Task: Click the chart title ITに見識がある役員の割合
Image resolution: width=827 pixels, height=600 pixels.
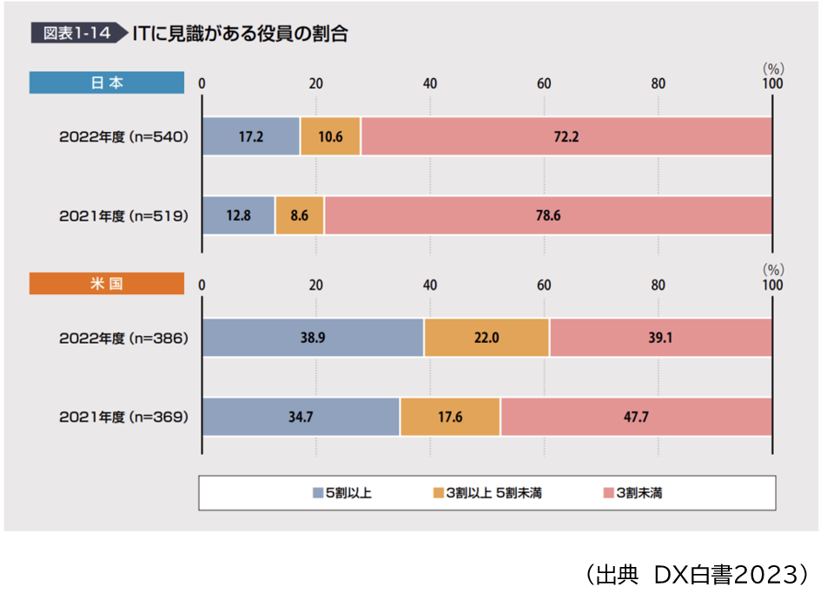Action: (x=241, y=34)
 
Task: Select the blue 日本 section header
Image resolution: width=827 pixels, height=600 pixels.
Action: (x=107, y=82)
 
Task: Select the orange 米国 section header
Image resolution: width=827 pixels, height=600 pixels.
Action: (x=107, y=284)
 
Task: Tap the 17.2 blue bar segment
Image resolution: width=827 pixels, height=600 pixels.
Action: (x=251, y=136)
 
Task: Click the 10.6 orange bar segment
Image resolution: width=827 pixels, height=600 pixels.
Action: (x=330, y=136)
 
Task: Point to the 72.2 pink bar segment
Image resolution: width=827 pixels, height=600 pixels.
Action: (x=566, y=136)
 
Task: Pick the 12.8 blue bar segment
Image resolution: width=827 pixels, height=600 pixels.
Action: (x=238, y=215)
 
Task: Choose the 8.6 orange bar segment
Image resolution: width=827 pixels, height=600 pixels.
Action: (x=299, y=215)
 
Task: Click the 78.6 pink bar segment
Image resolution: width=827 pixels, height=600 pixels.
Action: (x=547, y=215)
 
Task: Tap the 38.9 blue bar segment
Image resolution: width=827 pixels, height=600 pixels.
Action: (x=313, y=337)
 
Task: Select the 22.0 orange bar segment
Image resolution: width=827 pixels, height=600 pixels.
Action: (x=486, y=337)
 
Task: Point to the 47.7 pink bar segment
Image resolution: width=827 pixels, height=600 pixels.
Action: (x=636, y=417)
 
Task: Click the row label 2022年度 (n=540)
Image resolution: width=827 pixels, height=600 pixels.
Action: (x=123, y=136)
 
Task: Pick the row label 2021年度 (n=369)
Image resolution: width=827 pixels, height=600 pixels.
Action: (x=123, y=417)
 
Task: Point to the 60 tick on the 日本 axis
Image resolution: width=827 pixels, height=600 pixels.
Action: (x=544, y=83)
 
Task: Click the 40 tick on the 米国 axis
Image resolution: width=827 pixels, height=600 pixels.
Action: (x=430, y=285)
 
